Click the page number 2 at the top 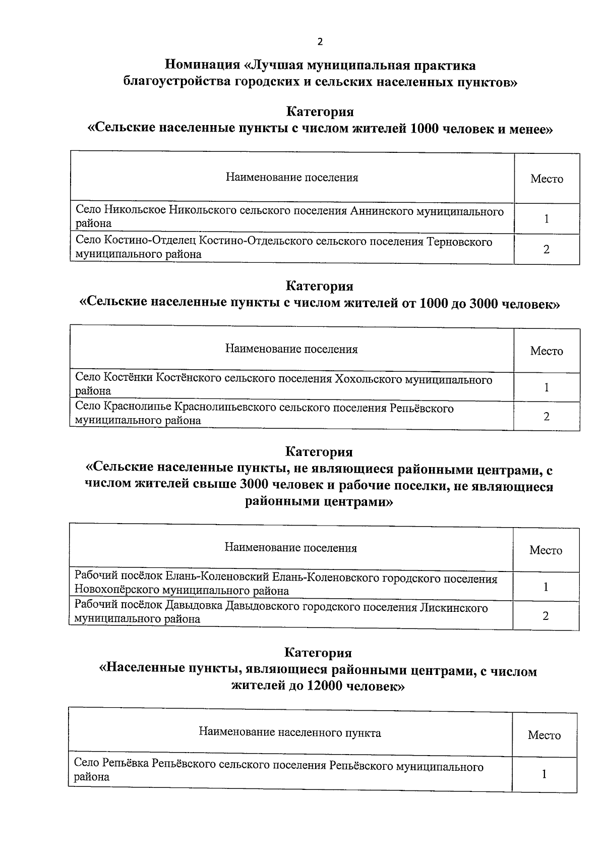click(319, 42)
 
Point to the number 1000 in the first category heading click(429, 129)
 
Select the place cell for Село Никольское click(547, 219)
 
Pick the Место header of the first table click(547, 179)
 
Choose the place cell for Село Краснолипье click(547, 417)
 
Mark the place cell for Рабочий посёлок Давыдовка click(546, 616)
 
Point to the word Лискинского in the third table click(454, 608)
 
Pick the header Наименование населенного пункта click(290, 733)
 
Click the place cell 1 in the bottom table click(544, 774)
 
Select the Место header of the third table click(546, 550)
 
